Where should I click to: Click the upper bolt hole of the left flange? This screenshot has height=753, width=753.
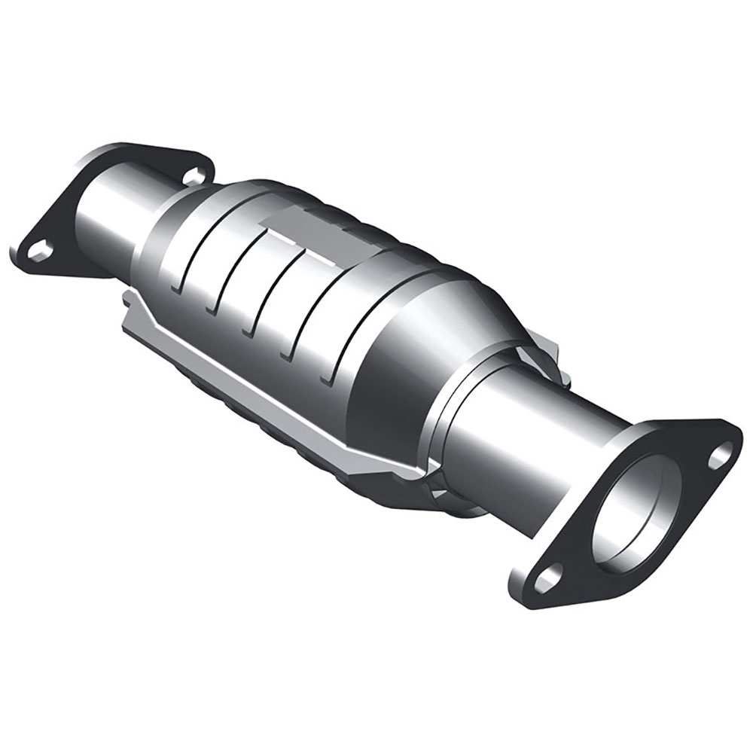point(195,175)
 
